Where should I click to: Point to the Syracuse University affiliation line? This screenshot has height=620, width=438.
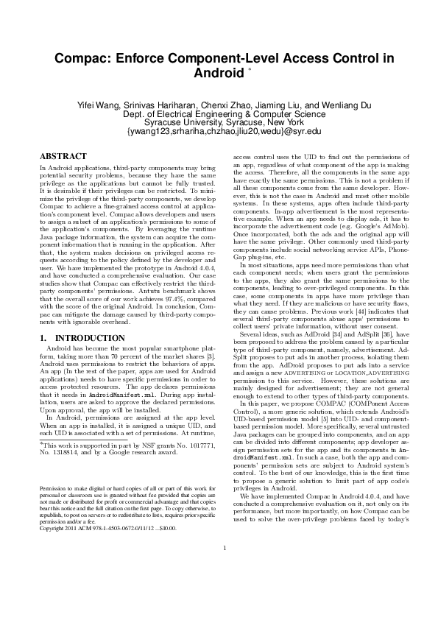click(x=219, y=123)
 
